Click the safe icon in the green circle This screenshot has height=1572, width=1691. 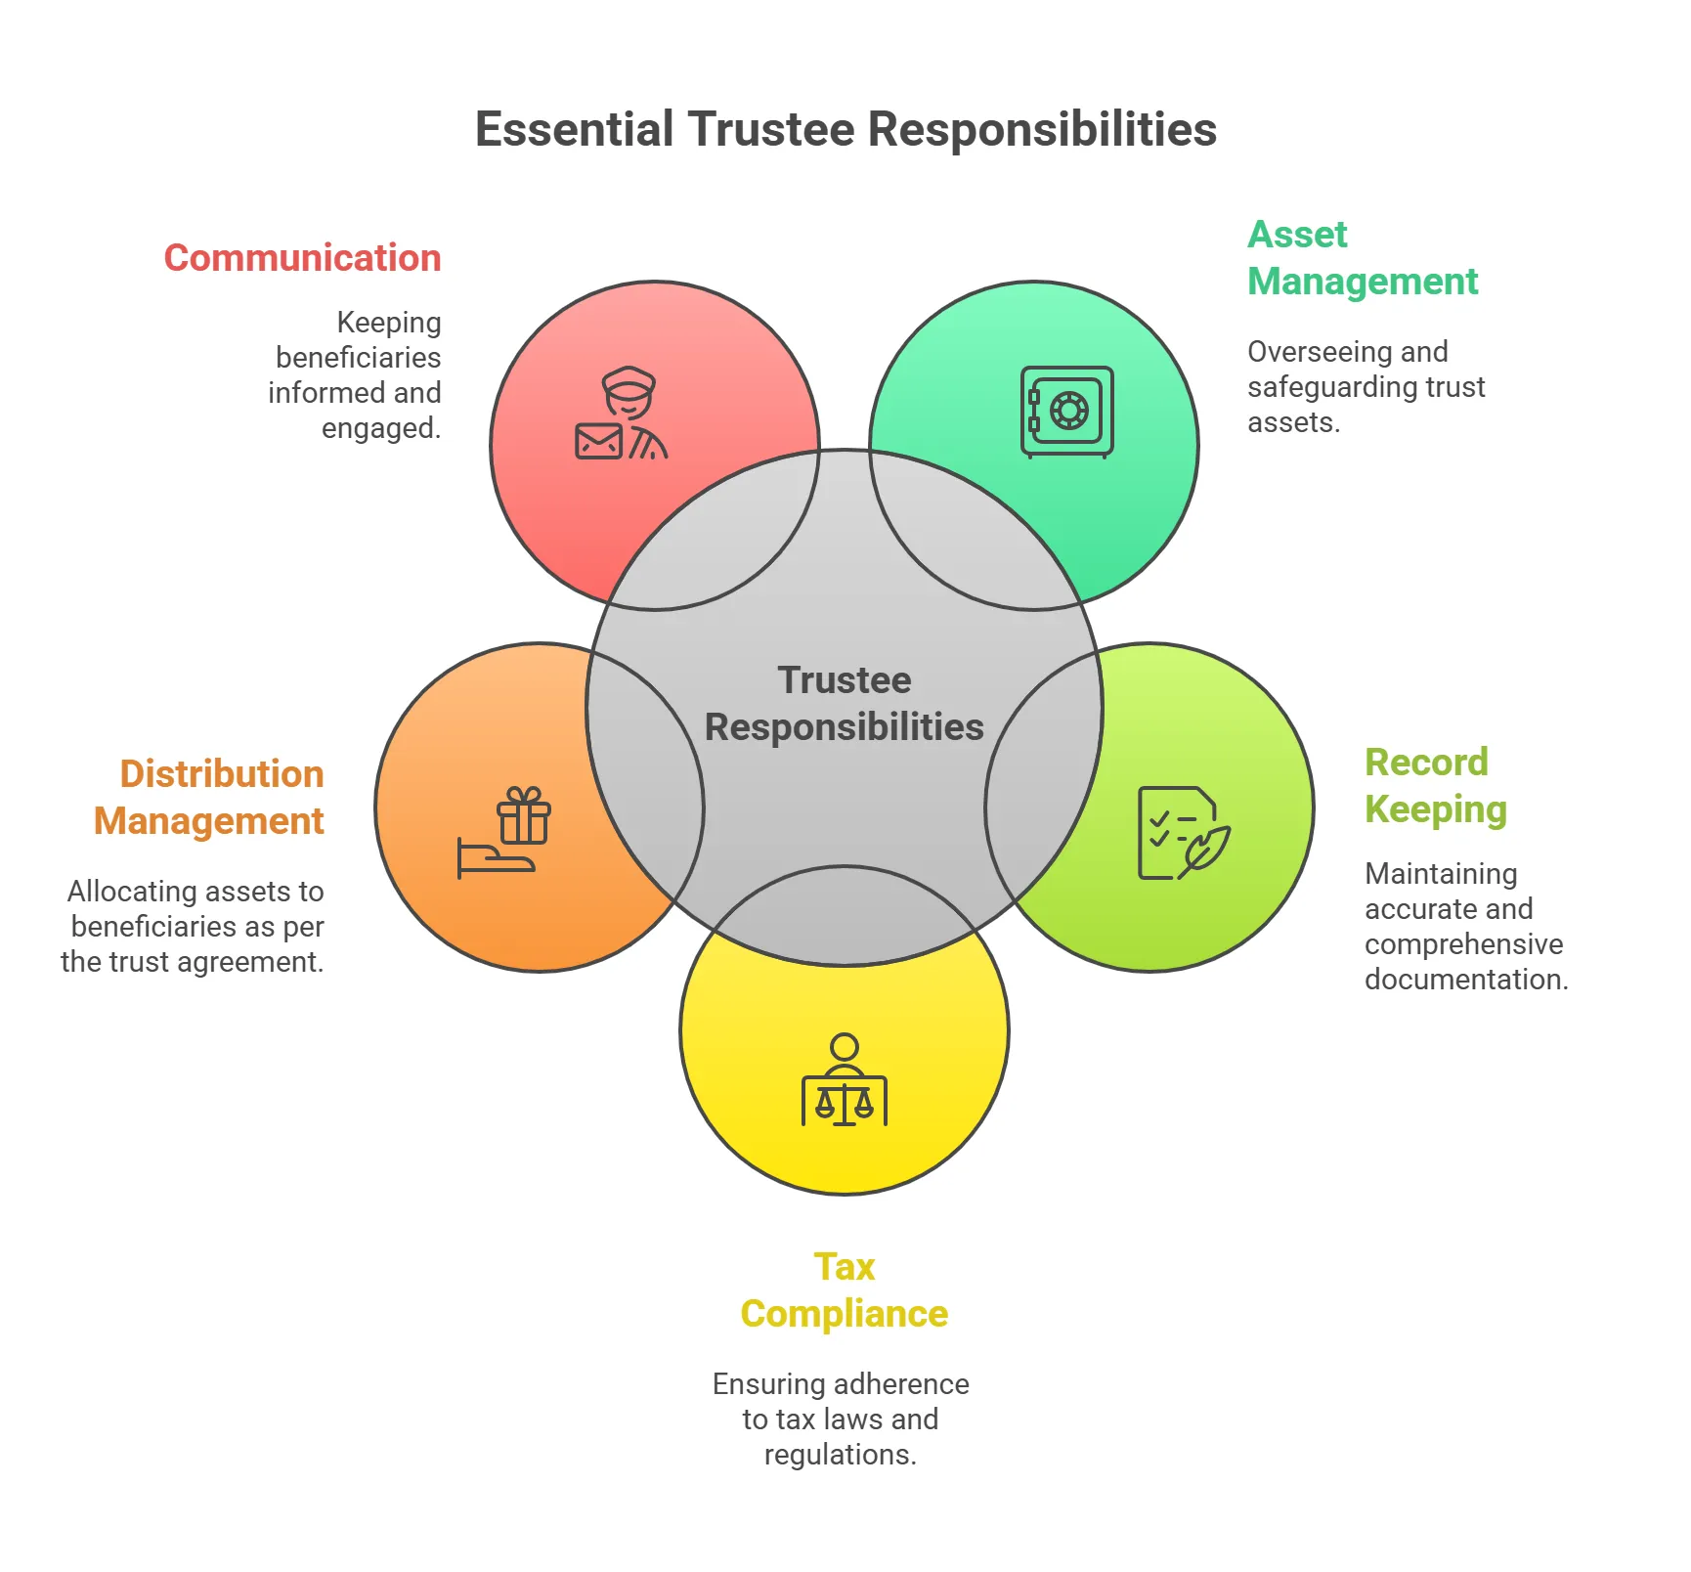(1066, 412)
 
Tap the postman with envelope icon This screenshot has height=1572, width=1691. (622, 415)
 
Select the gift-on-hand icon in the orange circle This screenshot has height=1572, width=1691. (504, 833)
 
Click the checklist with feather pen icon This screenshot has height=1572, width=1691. (1182, 833)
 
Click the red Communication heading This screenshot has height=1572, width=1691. (302, 258)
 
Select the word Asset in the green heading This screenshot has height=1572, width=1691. (1296, 235)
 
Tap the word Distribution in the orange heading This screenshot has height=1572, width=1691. (222, 773)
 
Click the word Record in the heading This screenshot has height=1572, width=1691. (1426, 763)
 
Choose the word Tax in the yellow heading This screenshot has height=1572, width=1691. (845, 1267)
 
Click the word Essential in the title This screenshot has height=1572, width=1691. (574, 130)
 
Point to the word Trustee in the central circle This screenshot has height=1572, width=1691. (845, 680)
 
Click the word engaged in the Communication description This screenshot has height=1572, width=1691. (379, 428)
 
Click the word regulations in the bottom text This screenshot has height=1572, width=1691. (840, 1455)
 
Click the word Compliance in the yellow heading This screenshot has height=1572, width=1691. (845, 1314)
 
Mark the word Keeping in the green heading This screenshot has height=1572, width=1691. (1435, 809)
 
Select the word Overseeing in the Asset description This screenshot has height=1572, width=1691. (1310, 352)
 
